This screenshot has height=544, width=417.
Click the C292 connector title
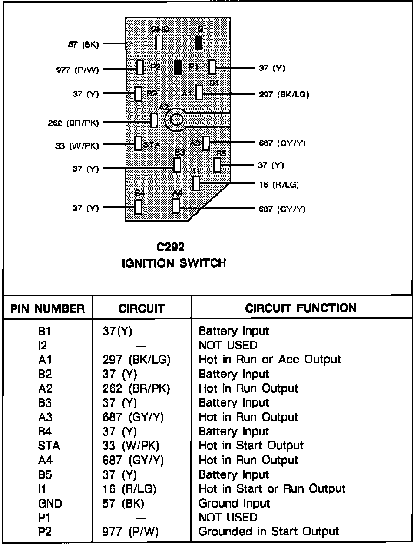point(170,247)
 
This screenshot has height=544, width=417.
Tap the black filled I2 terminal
point(199,43)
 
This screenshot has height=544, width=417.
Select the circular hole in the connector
point(176,119)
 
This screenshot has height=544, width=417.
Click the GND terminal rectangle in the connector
point(159,43)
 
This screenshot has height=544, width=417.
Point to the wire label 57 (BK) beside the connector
point(83,44)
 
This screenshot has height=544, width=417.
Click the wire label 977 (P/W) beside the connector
point(78,69)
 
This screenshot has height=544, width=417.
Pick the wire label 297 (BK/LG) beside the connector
point(284,94)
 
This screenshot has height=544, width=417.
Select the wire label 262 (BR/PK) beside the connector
point(73,123)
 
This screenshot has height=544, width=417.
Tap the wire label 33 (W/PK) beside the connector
point(77,146)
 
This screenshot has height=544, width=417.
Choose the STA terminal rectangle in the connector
point(139,143)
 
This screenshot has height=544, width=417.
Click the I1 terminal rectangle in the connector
point(196,183)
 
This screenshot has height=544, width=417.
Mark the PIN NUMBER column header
point(48,308)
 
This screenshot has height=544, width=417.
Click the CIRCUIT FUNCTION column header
point(301,308)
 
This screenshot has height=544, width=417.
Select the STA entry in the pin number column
point(49,446)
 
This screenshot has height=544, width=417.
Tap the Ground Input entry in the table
point(234,503)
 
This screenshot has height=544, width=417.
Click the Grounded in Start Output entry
point(268,531)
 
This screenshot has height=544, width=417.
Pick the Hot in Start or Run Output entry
point(272,488)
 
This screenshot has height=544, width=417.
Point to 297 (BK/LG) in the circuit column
point(136,360)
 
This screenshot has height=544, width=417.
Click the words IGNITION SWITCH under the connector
point(174,263)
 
